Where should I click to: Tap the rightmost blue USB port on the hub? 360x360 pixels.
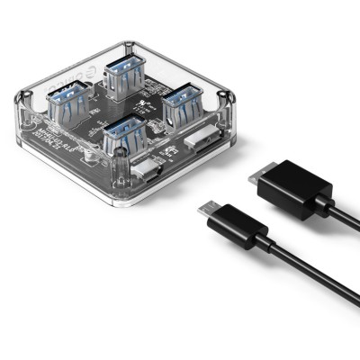tap(181, 96)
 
